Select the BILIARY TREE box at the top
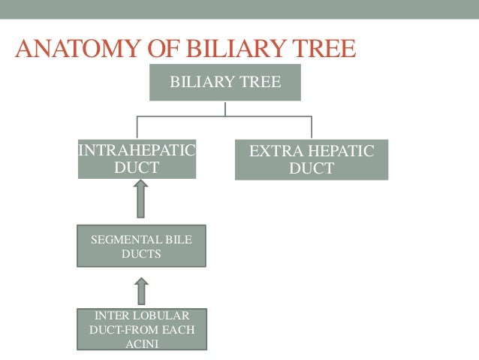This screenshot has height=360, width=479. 225,82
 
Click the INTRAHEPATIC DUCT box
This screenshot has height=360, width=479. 137,159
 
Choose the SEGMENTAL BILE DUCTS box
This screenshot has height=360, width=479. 140,247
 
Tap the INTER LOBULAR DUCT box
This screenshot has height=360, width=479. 141,329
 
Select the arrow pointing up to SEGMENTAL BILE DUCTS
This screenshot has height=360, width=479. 141,290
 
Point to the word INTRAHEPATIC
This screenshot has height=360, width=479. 137,151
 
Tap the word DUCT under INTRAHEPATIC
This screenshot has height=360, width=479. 137,168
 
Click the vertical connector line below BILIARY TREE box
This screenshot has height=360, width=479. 225,108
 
